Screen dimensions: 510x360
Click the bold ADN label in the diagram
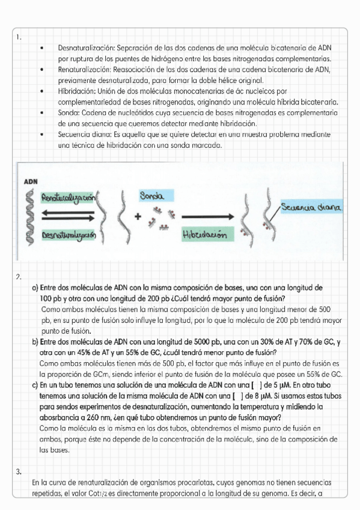(x=30, y=181)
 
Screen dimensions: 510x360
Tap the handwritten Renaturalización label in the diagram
(x=68, y=197)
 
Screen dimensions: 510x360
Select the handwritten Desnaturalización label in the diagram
(x=69, y=236)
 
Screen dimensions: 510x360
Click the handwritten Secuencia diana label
(x=311, y=207)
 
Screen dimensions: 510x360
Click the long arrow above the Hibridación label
(x=207, y=216)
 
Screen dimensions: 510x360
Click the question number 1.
(x=19, y=37)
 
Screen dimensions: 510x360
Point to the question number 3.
(x=19, y=471)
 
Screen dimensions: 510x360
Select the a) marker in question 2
(x=35, y=287)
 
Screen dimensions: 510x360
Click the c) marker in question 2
(x=35, y=385)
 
